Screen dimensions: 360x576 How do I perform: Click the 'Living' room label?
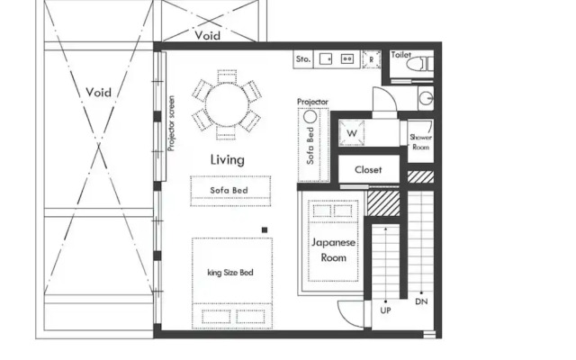click(x=228, y=159)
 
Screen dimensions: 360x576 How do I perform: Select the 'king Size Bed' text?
click(x=230, y=272)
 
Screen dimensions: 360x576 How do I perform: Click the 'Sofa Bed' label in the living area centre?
click(x=230, y=191)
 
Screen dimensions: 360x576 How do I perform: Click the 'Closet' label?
click(x=368, y=169)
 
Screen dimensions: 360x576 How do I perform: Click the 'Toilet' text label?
click(x=401, y=55)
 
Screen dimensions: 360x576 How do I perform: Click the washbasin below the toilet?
click(x=426, y=97)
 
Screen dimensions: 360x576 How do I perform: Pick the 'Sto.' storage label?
click(x=303, y=59)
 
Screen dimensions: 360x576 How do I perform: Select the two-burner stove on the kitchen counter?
click(x=346, y=59)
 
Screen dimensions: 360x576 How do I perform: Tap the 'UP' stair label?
click(x=386, y=310)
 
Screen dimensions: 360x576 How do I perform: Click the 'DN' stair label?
click(x=420, y=302)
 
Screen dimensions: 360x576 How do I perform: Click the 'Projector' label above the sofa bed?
click(x=312, y=103)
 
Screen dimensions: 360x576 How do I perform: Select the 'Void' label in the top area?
click(x=207, y=36)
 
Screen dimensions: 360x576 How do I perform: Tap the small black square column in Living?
click(x=265, y=230)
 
